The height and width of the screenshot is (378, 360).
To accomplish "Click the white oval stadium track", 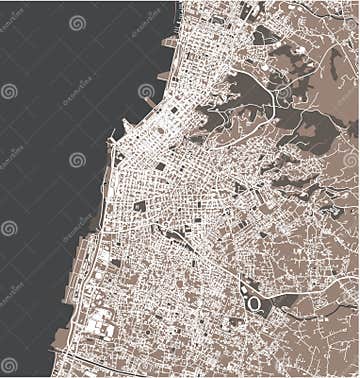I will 254,302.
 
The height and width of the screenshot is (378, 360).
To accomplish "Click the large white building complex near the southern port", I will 100,324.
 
